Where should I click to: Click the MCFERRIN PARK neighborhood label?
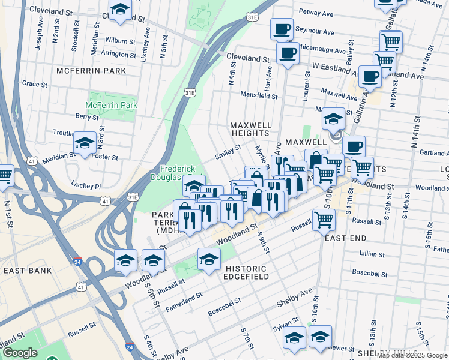(x=91, y=71)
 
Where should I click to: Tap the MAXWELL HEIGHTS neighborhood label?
(x=250, y=129)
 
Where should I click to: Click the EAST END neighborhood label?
(x=345, y=238)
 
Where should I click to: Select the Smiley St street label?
(x=228, y=152)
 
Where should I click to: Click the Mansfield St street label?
(x=259, y=95)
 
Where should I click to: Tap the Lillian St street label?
(x=372, y=254)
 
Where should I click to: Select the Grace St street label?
(x=34, y=84)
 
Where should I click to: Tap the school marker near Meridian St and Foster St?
(x=85, y=143)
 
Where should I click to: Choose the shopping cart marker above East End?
(x=323, y=220)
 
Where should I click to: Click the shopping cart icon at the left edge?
(x=4, y=176)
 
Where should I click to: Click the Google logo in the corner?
(x=20, y=353)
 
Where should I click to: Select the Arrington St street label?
(x=118, y=54)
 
